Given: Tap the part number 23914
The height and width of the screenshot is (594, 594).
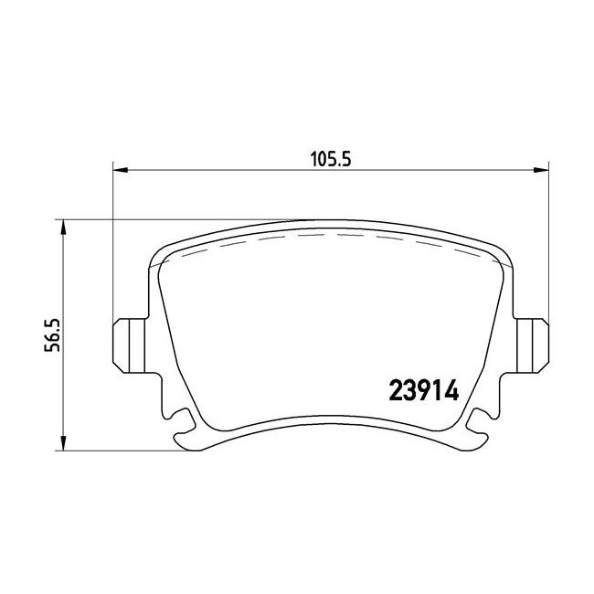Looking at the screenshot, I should (423, 387).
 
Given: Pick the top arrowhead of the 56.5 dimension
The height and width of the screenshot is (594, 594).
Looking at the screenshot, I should (63, 225).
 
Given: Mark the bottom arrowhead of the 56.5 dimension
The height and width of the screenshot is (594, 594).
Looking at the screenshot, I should (63, 445).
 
